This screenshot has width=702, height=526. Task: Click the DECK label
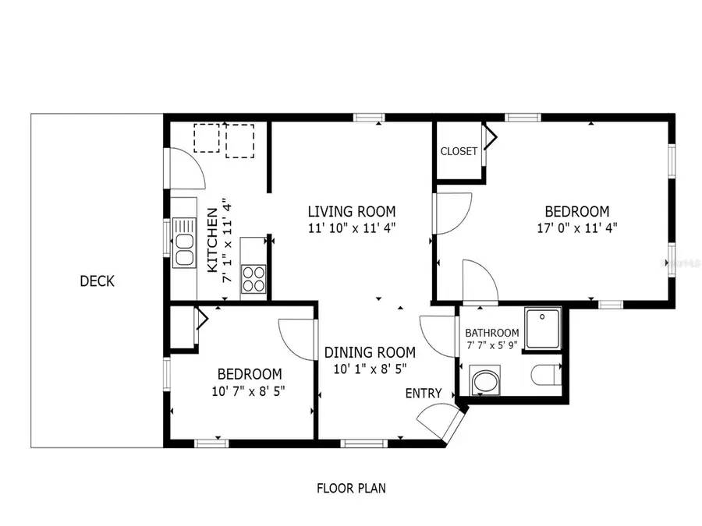pyautogui.click(x=97, y=281)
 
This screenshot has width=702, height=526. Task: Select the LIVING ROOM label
pyautogui.click(x=351, y=211)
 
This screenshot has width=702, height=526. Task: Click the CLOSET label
pyautogui.click(x=459, y=151)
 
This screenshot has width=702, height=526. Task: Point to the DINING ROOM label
pyautogui.click(x=370, y=352)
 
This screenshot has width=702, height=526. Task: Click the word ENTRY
pyautogui.click(x=424, y=394)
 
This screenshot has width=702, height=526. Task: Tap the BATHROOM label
pyautogui.click(x=492, y=333)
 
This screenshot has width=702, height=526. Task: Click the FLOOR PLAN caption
pyautogui.click(x=351, y=489)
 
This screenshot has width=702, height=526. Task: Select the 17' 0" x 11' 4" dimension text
pyautogui.click(x=576, y=228)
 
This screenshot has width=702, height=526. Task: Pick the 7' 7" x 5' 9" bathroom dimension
pyautogui.click(x=492, y=345)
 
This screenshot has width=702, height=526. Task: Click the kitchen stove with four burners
pyautogui.click(x=254, y=279)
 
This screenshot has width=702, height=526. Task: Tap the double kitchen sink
pyautogui.click(x=185, y=242)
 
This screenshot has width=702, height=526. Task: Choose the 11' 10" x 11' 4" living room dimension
pyautogui.click(x=351, y=228)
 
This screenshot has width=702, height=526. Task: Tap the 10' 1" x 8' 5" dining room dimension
pyautogui.click(x=370, y=369)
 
